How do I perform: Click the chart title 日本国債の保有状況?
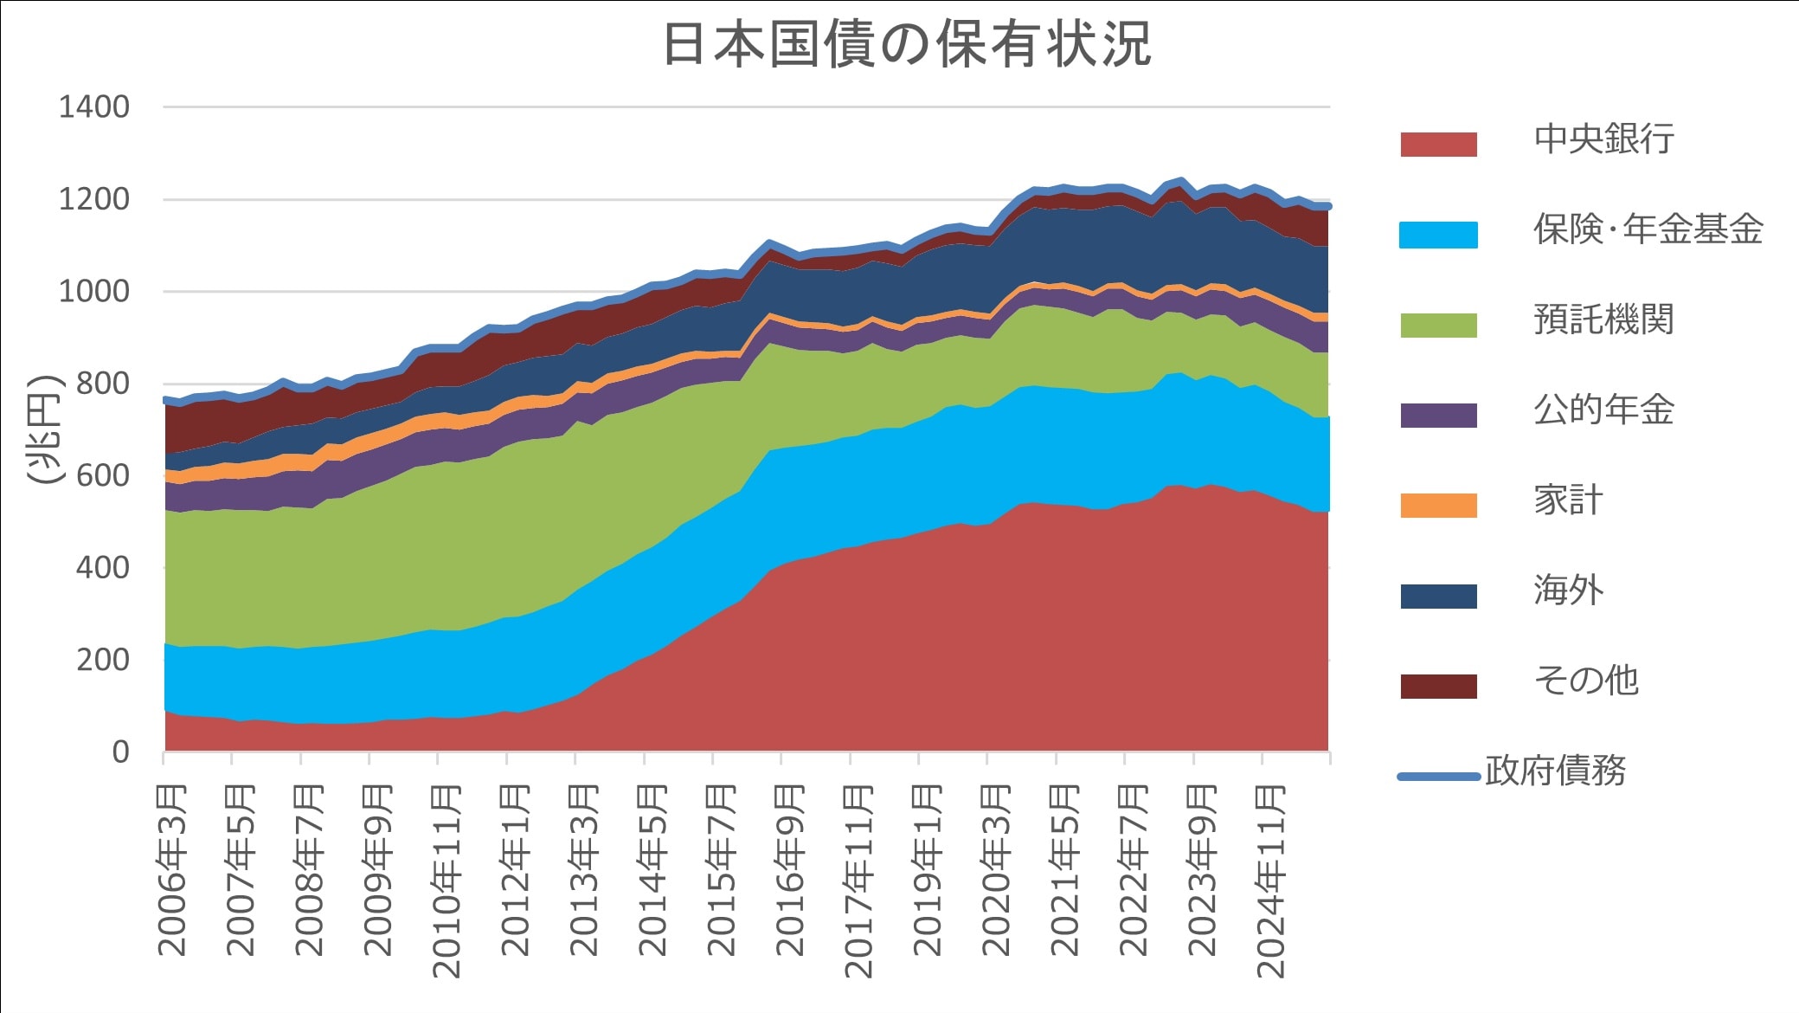[906, 44]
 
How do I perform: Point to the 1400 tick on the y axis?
[93, 107]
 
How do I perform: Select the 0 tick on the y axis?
[120, 752]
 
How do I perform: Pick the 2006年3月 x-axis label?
[172, 869]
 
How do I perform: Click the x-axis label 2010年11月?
[447, 881]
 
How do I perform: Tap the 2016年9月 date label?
[790, 869]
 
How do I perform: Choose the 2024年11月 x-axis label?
[1270, 881]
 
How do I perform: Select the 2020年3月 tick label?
[996, 869]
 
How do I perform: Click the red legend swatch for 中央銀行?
[1438, 144]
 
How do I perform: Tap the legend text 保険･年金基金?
[1648, 229]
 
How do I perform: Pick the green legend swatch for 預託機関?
[1438, 325]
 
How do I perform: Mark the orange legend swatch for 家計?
[1438, 505]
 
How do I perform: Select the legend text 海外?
[1568, 590]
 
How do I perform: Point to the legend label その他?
[1585, 681]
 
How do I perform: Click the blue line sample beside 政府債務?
[1438, 777]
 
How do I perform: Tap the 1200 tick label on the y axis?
[93, 199]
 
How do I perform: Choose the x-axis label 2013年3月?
[584, 869]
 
